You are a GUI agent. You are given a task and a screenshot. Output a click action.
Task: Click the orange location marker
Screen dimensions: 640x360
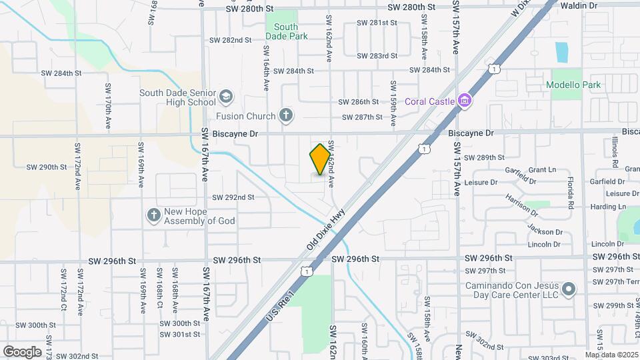coord(321,159)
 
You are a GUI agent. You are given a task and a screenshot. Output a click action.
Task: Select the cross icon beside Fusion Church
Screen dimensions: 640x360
coord(286,116)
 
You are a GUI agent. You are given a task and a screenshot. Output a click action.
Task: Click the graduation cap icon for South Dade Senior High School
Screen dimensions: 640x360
coord(226,97)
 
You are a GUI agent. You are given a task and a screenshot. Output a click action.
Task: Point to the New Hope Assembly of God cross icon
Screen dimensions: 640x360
coord(153,215)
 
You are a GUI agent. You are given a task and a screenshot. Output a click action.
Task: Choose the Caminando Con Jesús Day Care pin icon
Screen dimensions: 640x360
coord(569,289)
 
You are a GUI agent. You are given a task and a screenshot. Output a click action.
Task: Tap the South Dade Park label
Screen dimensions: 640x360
coord(287,31)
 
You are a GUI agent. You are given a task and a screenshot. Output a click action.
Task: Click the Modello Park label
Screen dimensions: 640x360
coord(573,85)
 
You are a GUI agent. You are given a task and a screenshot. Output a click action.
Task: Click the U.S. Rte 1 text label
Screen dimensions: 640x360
coord(281,303)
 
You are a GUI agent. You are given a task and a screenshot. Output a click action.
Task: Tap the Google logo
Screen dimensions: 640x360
coord(22,351)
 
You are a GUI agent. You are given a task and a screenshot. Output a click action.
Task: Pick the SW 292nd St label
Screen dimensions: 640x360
coord(233,197)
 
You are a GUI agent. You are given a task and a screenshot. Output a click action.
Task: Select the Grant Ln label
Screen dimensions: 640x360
coord(542,170)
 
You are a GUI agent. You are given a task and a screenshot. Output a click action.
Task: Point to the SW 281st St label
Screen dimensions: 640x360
coord(377,23)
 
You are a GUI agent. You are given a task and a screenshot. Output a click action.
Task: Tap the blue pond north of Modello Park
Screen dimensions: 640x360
coord(561,51)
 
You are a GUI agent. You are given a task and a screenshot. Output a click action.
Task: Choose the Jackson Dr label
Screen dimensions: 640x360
coord(545,232)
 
